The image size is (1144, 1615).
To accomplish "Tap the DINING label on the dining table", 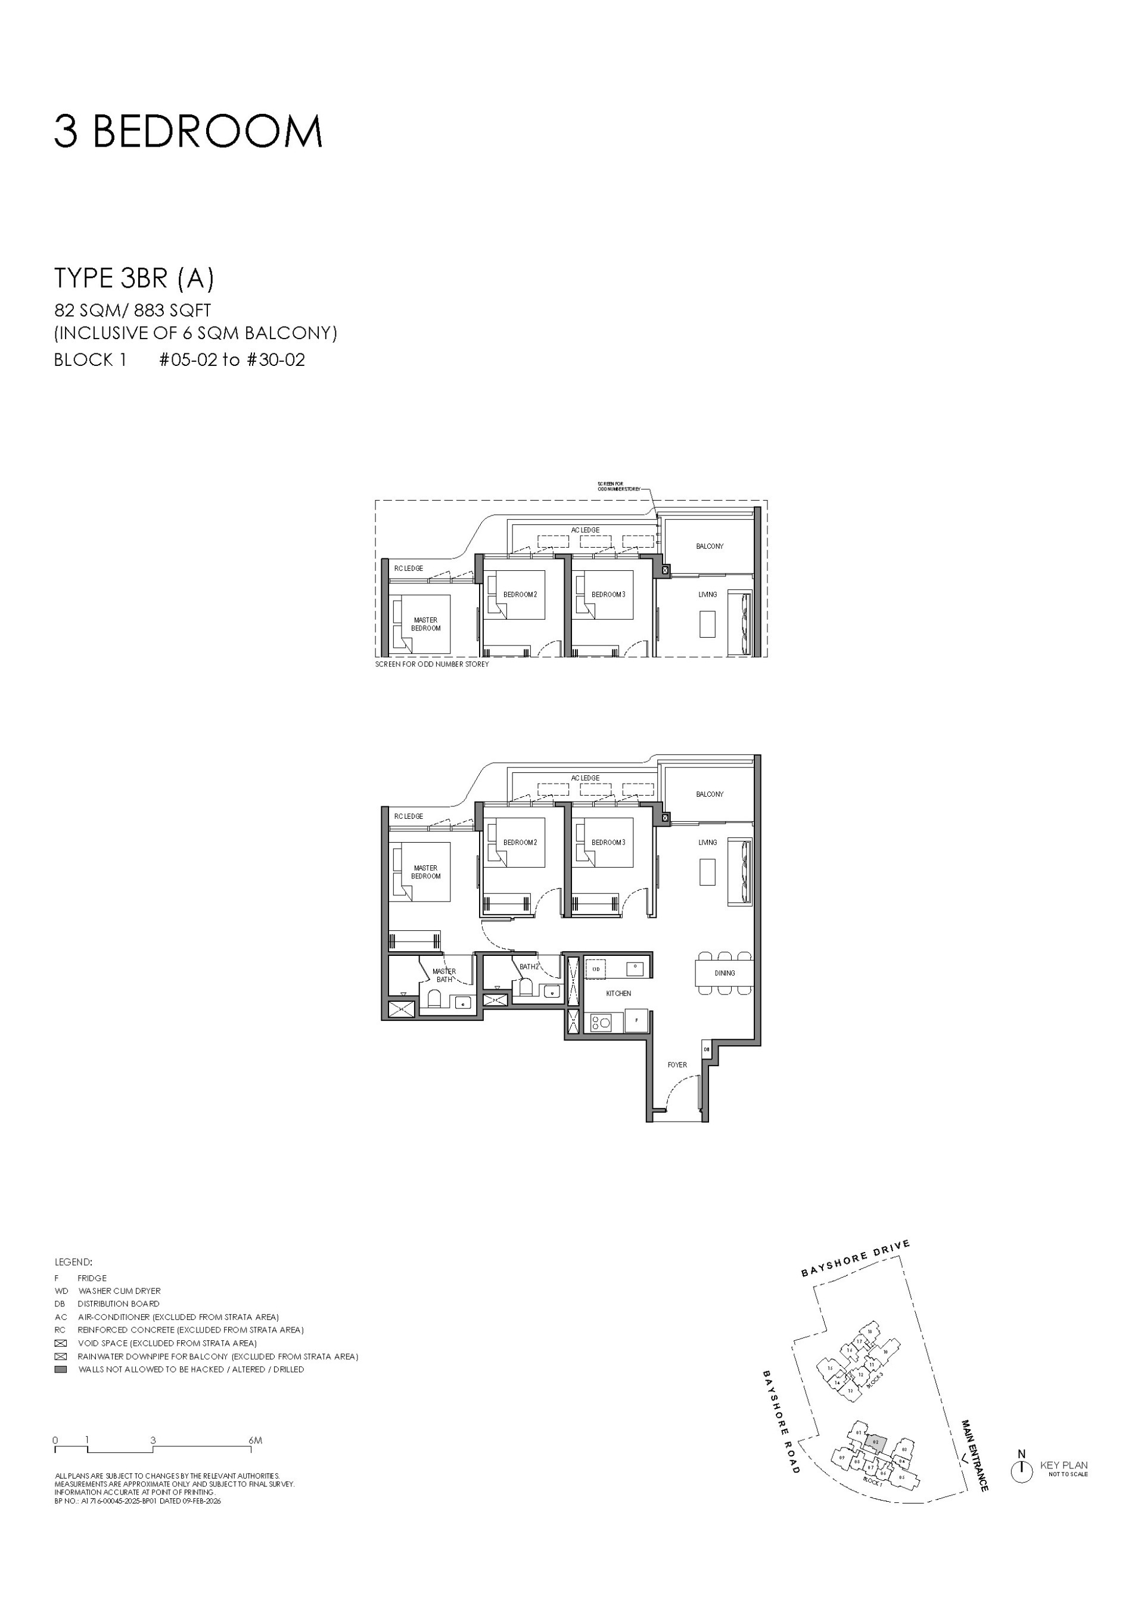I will tap(724, 973).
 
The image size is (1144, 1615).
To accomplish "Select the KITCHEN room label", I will tap(618, 993).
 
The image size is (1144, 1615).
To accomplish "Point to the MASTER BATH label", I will tap(444, 975).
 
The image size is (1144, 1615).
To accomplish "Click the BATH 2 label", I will tap(529, 967).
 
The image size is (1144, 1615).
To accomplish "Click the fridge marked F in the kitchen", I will tap(636, 1020).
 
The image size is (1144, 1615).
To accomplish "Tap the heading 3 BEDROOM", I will tap(188, 132).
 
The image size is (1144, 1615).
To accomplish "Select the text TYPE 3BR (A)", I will tap(134, 278).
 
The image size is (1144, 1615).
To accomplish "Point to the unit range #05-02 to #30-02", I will tap(232, 360).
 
